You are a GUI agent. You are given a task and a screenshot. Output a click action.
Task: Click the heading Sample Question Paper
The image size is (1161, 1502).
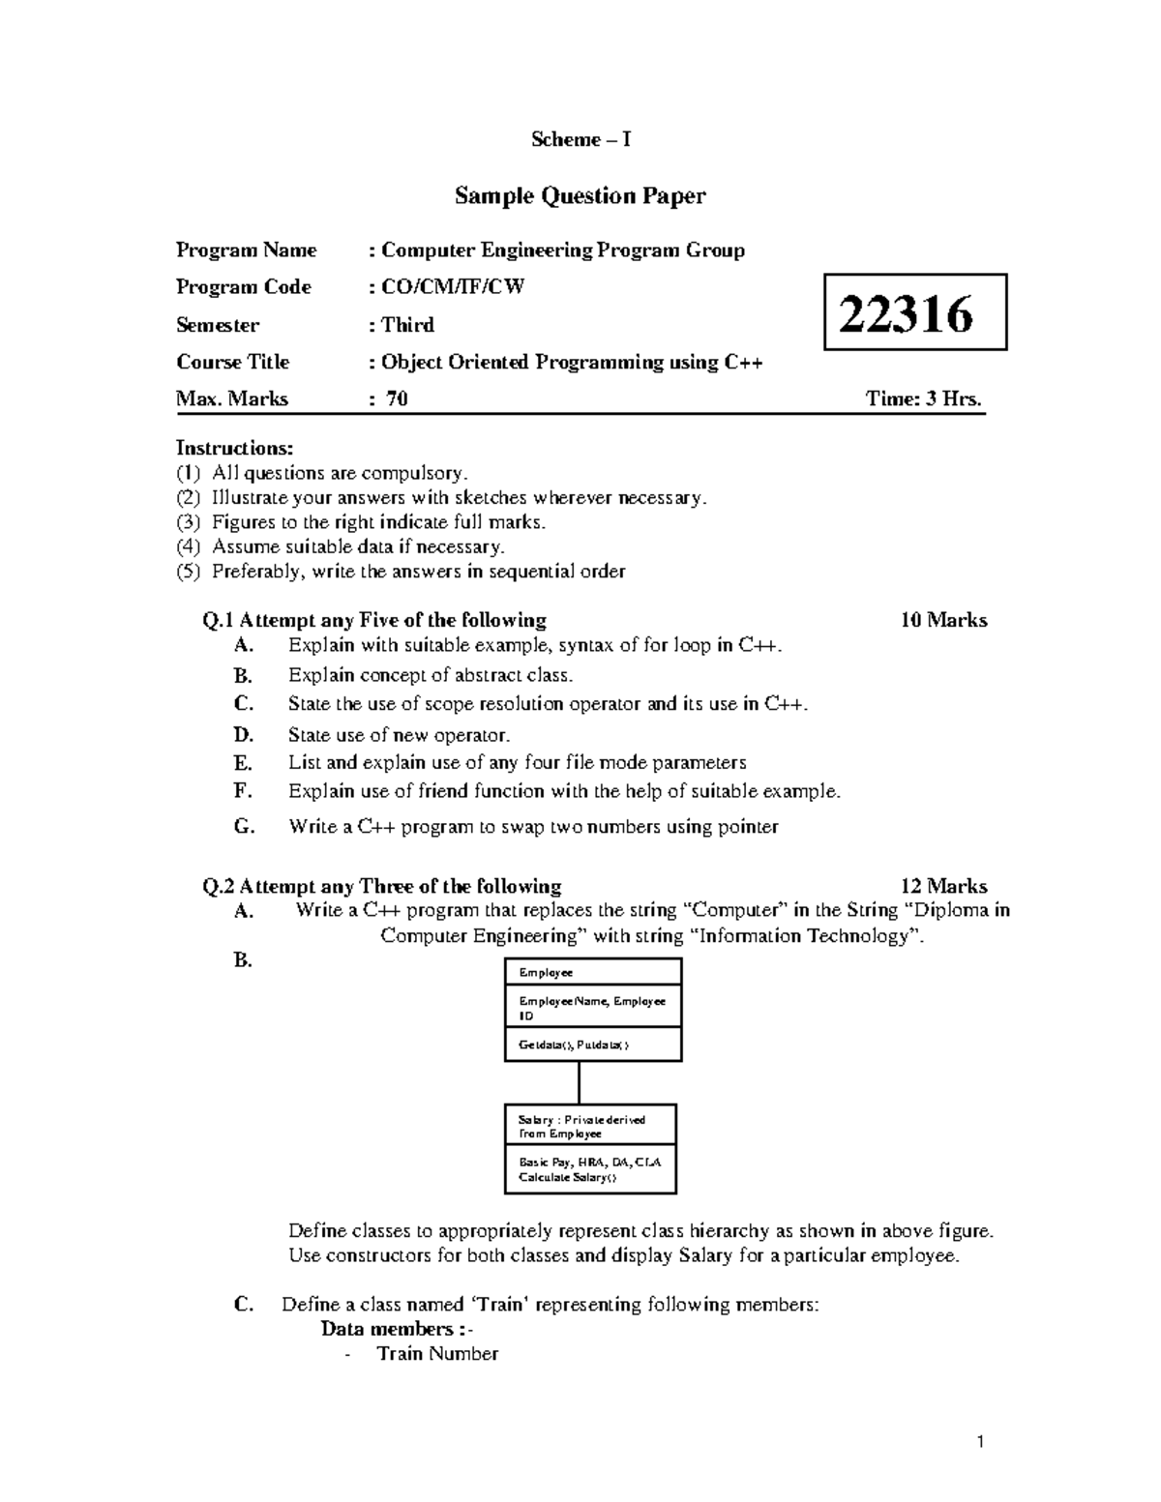pyautogui.click(x=580, y=196)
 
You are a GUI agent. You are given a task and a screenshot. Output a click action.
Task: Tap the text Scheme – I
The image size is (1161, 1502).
pyautogui.click(x=580, y=140)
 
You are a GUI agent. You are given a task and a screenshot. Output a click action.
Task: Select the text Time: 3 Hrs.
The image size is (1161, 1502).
pyautogui.click(x=924, y=398)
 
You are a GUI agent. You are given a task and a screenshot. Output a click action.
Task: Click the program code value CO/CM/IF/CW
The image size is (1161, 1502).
pyautogui.click(x=452, y=287)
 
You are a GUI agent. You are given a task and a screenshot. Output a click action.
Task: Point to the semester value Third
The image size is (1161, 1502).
pyautogui.click(x=407, y=325)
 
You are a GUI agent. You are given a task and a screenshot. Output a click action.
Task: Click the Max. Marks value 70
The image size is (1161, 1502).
pyautogui.click(x=397, y=398)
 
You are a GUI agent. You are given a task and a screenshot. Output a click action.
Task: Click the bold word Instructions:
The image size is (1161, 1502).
pyautogui.click(x=233, y=448)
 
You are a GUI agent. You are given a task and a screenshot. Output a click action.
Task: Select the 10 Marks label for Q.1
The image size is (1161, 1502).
pyautogui.click(x=942, y=620)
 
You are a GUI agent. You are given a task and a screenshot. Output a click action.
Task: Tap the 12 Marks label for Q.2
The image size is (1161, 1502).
pyautogui.click(x=942, y=886)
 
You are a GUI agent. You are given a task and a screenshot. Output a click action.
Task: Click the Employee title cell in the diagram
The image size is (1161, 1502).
pyautogui.click(x=592, y=972)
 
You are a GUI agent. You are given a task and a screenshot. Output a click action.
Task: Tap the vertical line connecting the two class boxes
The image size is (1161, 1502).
pyautogui.click(x=580, y=1082)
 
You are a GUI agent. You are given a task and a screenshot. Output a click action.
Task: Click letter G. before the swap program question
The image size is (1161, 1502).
pyautogui.click(x=244, y=827)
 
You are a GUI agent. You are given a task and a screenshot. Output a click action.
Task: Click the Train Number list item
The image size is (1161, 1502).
pyautogui.click(x=437, y=1354)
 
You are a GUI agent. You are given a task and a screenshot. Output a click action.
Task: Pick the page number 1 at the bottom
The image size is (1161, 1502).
pyautogui.click(x=981, y=1443)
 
